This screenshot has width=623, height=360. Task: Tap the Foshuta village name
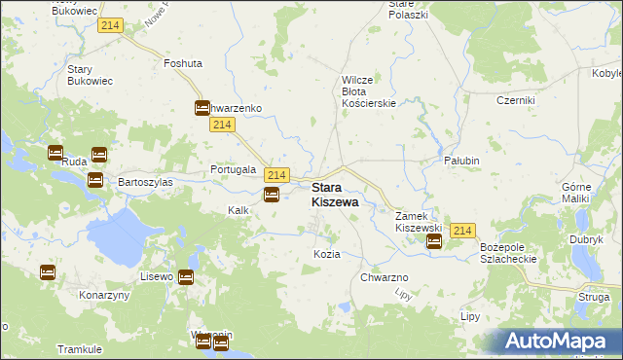183,63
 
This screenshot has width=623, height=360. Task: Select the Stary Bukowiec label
92,76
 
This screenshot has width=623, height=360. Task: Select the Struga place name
593,299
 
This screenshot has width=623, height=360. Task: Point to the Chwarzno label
384,277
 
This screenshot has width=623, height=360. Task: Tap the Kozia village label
327,254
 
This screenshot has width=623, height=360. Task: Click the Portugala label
234,169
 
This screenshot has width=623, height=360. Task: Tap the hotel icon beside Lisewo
186,277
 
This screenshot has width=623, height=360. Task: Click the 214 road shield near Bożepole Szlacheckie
462,231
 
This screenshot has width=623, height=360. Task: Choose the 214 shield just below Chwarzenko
222,126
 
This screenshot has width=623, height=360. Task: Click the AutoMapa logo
559,342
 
